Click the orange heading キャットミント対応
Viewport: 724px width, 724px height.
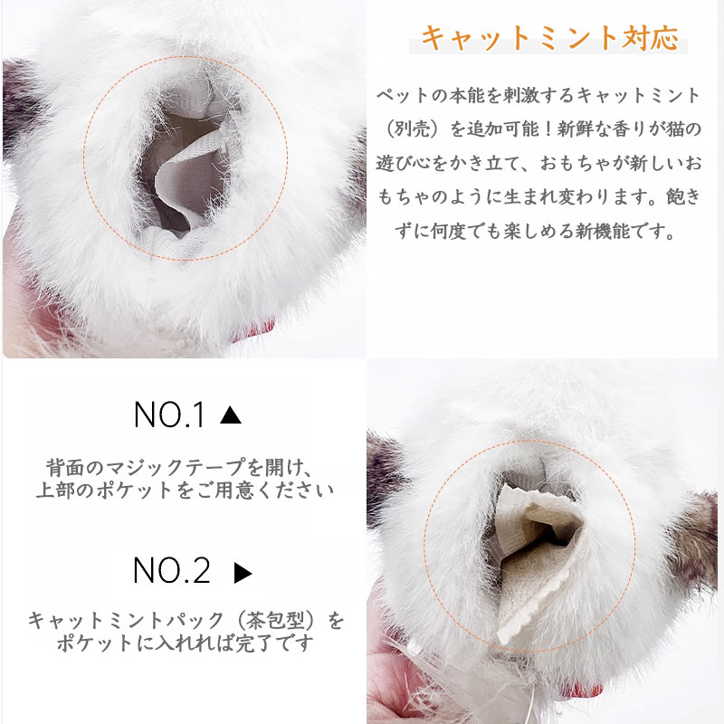tap(550, 38)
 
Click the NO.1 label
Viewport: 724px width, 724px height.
tap(169, 414)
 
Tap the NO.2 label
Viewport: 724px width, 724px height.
tap(172, 570)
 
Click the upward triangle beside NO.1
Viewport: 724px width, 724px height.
tap(231, 414)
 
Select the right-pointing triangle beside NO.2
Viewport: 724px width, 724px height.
tap(243, 573)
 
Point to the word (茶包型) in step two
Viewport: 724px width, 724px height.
tap(276, 620)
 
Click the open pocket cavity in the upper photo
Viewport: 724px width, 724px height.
tap(185, 171)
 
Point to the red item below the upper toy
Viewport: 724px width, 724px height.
tap(260, 329)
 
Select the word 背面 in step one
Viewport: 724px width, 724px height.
tap(65, 468)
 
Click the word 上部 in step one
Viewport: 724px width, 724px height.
tap(55, 490)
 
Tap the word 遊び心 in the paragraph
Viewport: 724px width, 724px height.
tap(404, 163)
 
